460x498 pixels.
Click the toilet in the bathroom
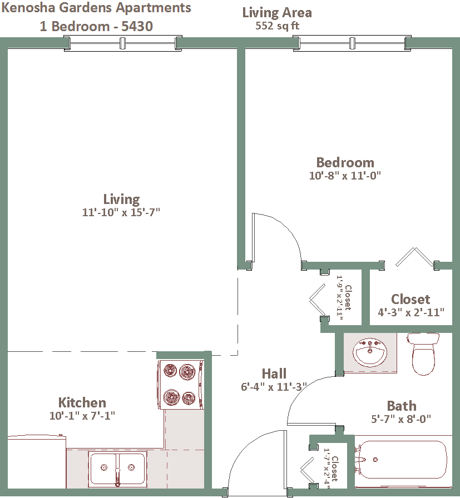[423, 354]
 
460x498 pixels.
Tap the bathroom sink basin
[370, 352]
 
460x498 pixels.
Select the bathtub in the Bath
[402, 460]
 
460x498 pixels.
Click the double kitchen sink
[117, 468]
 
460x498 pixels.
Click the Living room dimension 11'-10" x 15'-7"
[121, 212]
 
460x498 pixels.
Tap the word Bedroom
[345, 162]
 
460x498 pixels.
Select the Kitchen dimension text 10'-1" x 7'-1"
[82, 415]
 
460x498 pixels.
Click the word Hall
[274, 373]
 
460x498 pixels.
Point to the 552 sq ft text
[277, 26]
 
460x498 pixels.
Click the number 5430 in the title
[137, 26]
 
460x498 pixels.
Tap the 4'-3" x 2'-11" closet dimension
[410, 312]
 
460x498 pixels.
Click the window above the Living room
[123, 43]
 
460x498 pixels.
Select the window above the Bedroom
[352, 43]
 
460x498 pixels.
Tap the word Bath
[402, 406]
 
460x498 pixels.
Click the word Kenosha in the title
[28, 8]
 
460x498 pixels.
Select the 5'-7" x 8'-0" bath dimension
[401, 419]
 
